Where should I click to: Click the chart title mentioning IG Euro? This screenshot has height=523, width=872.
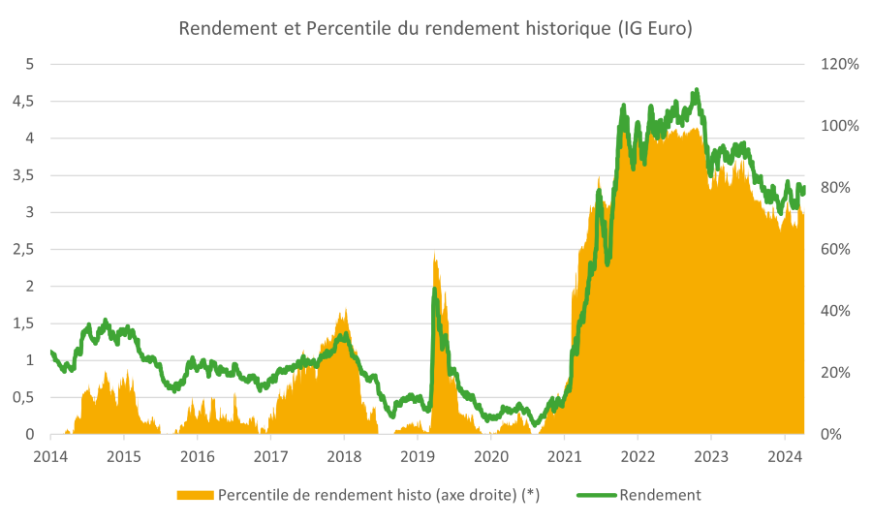pos(435,28)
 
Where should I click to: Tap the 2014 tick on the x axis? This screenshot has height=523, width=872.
pos(49,456)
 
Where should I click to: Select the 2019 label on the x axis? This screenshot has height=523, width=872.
pos(417,456)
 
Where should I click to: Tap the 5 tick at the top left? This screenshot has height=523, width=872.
pos(30,64)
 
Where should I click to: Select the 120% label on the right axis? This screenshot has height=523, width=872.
pos(839,64)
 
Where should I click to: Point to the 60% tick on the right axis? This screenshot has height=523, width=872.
pos(835,249)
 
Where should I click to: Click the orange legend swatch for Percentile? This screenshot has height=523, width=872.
pos(195,495)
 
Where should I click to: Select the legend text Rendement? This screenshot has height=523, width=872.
pos(660,495)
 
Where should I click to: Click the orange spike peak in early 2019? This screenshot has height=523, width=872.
pos(435,255)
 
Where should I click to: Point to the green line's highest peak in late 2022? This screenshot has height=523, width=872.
pos(696,91)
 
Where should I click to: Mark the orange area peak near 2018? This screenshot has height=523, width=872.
pos(344,312)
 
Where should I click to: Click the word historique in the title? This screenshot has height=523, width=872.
pos(562,28)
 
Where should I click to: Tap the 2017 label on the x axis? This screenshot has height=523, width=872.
pos(270,456)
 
